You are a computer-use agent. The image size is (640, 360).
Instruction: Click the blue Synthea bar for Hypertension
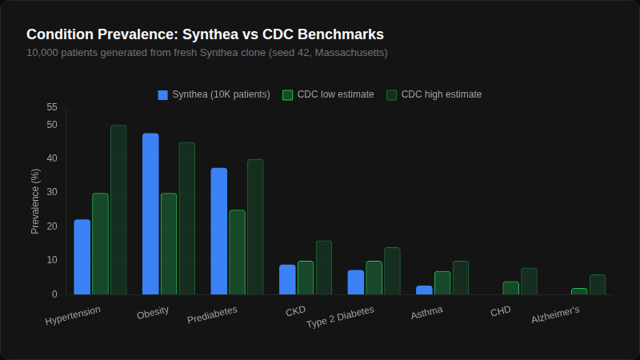[x=82, y=257]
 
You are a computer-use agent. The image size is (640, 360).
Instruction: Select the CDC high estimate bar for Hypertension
[x=118, y=210]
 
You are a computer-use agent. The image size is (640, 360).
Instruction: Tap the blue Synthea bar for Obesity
[x=150, y=214]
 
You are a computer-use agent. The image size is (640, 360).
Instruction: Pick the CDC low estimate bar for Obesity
[x=169, y=244]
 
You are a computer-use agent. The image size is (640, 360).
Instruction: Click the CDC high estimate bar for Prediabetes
[x=255, y=227]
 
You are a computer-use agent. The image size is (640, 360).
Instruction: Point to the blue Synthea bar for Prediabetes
[x=218, y=231]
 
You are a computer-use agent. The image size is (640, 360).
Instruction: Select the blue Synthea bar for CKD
[x=287, y=279]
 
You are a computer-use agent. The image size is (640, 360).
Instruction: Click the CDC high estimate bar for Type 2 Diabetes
[x=392, y=271]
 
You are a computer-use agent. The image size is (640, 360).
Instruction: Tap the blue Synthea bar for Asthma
[x=424, y=290]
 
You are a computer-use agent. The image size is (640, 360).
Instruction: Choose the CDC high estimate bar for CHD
[x=529, y=282]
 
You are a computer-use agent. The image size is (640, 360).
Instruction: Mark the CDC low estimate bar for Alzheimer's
[x=579, y=291]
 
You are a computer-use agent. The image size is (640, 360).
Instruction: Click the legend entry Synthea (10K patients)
[x=214, y=94]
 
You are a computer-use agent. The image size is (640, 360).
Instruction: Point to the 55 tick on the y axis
[x=52, y=107]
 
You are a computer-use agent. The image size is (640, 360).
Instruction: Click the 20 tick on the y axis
[x=52, y=226]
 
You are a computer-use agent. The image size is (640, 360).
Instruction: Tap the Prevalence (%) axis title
[x=35, y=201]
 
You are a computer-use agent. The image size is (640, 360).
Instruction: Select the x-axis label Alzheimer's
[x=556, y=315]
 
